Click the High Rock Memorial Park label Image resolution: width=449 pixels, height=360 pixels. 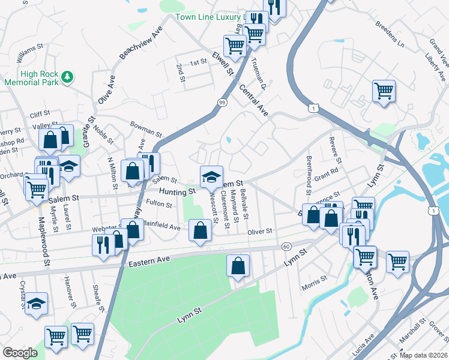[30, 78]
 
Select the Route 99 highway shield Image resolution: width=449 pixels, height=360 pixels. [222, 103]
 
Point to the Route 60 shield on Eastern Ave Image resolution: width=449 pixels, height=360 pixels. [286, 247]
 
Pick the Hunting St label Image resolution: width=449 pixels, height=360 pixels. [178, 191]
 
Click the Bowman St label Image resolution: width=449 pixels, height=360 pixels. [147, 128]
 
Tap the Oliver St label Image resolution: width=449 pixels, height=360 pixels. [261, 231]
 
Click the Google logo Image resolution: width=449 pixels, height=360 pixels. [20, 353]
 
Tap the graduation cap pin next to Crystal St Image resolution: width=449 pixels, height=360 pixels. [37, 304]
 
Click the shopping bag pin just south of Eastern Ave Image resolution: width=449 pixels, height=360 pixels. [238, 265]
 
